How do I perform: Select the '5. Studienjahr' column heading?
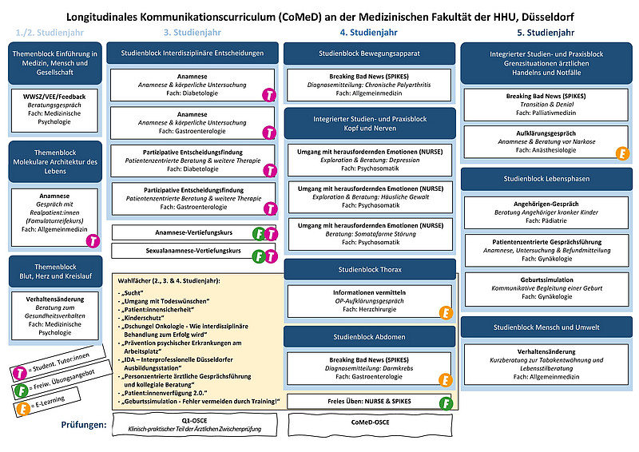(546, 33)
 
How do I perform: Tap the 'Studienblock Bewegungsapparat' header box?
(369, 54)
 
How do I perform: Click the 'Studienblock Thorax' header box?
(369, 270)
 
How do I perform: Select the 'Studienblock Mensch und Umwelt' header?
(546, 327)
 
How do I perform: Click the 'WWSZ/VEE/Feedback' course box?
(54, 110)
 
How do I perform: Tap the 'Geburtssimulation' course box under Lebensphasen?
(546, 287)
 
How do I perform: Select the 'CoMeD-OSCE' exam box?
(369, 422)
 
